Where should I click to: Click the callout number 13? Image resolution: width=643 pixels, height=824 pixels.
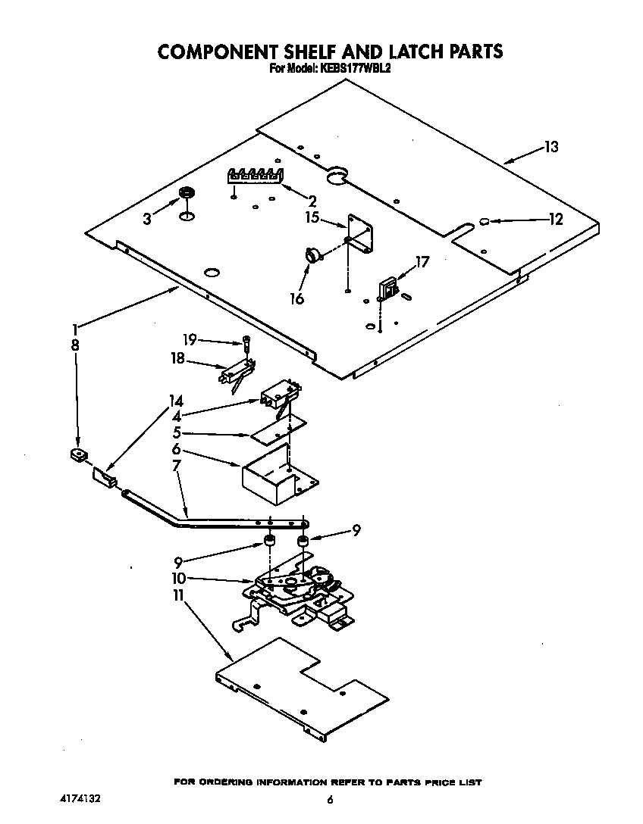(550, 147)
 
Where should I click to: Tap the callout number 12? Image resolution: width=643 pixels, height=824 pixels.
(556, 220)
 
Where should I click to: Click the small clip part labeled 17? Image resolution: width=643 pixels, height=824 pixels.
(389, 288)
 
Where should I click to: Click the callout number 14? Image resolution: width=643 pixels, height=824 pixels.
(176, 401)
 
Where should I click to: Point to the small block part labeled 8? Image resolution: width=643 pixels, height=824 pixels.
(76, 455)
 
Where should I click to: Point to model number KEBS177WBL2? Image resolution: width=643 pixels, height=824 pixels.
(356, 68)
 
